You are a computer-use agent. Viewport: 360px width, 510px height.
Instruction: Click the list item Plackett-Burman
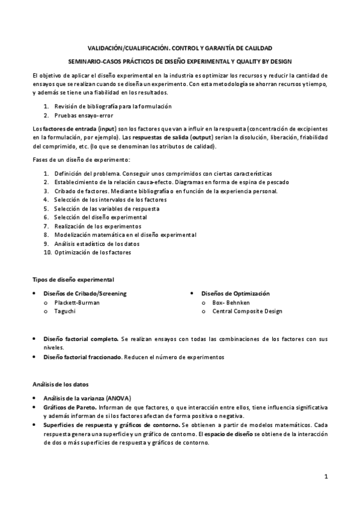pyautogui.click(x=77, y=303)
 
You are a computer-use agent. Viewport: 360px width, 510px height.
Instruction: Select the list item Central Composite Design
pyautogui.click(x=247, y=312)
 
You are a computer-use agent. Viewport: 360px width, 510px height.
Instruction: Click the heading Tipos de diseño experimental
pyautogui.click(x=73, y=280)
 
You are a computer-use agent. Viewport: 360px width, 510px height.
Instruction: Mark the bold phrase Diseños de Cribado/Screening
pyautogui.click(x=85, y=293)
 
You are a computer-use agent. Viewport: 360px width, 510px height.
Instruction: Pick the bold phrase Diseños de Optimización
pyautogui.click(x=236, y=293)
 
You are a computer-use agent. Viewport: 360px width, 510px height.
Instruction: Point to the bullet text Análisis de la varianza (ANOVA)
pyautogui.click(x=87, y=398)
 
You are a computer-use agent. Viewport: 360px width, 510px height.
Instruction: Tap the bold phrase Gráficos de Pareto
pyautogui.click(x=70, y=407)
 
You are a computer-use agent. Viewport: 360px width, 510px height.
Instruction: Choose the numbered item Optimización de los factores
pyautogui.click(x=93, y=253)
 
